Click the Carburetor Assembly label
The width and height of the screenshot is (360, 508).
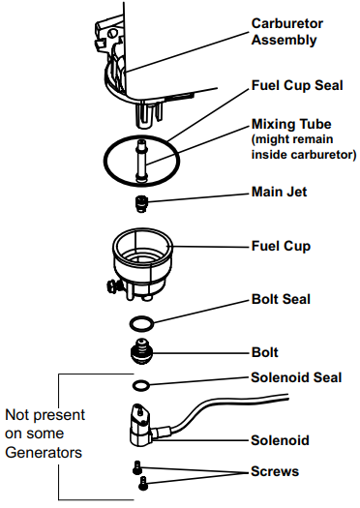pos(287,32)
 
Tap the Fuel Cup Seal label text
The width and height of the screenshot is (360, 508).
pos(297,85)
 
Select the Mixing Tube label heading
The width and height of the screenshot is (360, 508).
pos(291,124)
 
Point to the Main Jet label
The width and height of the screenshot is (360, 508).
pos(279,192)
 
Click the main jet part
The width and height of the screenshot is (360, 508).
pos(141,204)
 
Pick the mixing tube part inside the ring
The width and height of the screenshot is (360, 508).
pos(141,160)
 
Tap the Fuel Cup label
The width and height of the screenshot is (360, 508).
pos(281,246)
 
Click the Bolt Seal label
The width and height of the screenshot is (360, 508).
pos(281,299)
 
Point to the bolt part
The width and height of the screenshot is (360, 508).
pos(141,351)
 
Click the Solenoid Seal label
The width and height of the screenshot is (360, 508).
pos(296,377)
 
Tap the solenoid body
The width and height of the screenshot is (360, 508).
pos(141,425)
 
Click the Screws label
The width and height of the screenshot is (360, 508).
pos(275,471)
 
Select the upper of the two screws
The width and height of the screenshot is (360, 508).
pos(137,467)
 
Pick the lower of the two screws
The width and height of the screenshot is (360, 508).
pos(143,483)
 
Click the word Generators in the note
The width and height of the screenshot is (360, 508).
pos(44,452)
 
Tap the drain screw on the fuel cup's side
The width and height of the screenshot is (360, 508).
pos(113,286)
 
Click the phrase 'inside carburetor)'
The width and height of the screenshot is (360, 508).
pos(304,155)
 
